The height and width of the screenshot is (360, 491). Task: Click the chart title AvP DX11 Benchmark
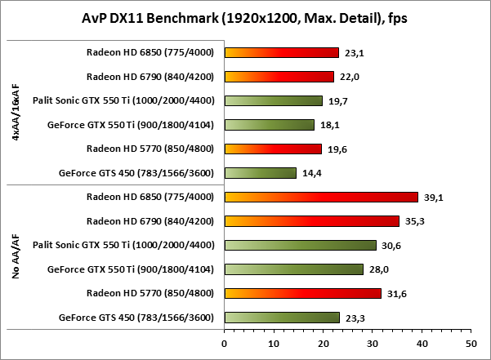pos(245,18)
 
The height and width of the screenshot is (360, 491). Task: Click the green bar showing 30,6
pos(300,245)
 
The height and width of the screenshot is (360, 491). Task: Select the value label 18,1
pos(330,125)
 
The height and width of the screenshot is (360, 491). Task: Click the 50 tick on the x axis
pos(471,344)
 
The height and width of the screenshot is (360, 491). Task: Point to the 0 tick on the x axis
pos(224,344)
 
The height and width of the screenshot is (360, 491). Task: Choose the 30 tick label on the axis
pos(372,344)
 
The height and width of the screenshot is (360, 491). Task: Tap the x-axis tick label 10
pos(273,344)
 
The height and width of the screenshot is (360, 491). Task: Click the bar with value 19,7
pos(273,100)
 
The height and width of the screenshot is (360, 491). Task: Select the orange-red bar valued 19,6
pos(273,149)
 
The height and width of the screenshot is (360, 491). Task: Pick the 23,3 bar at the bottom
pos(282,318)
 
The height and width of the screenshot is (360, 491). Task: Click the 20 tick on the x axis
pos(323,344)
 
